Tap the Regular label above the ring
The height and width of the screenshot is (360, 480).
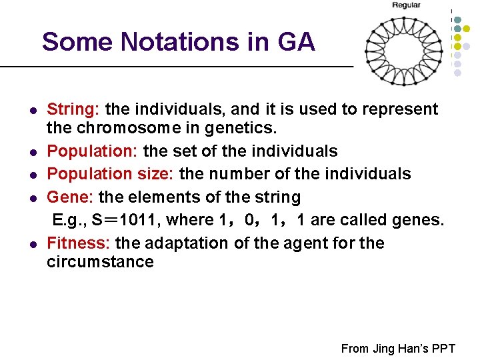click(x=406, y=5)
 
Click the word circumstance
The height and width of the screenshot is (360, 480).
click(x=100, y=261)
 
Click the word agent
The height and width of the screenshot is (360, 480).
click(x=291, y=243)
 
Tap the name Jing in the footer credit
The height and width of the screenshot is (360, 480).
click(x=381, y=349)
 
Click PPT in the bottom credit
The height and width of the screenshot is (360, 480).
click(x=443, y=349)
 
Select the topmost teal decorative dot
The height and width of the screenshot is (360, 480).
click(x=457, y=19)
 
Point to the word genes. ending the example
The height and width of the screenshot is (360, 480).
click(x=418, y=219)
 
